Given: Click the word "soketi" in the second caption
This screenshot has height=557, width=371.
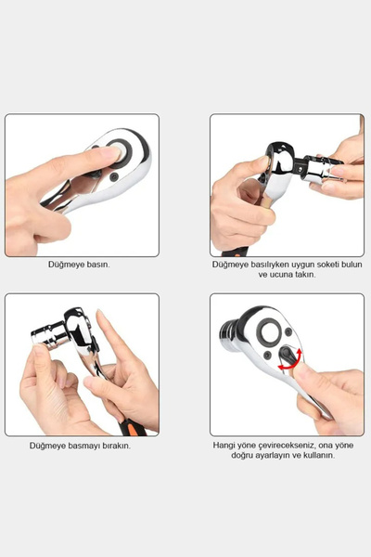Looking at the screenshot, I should click(321, 265).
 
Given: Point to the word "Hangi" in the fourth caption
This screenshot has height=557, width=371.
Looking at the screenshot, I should click(224, 445).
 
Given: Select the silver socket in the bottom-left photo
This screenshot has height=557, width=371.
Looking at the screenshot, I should click(47, 334).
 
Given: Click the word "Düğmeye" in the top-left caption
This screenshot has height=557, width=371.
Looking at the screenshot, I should click(67, 265).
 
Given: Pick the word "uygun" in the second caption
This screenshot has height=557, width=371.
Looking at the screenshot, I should click(291, 265).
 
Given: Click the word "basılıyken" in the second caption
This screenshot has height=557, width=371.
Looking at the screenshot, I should click(257, 265).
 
